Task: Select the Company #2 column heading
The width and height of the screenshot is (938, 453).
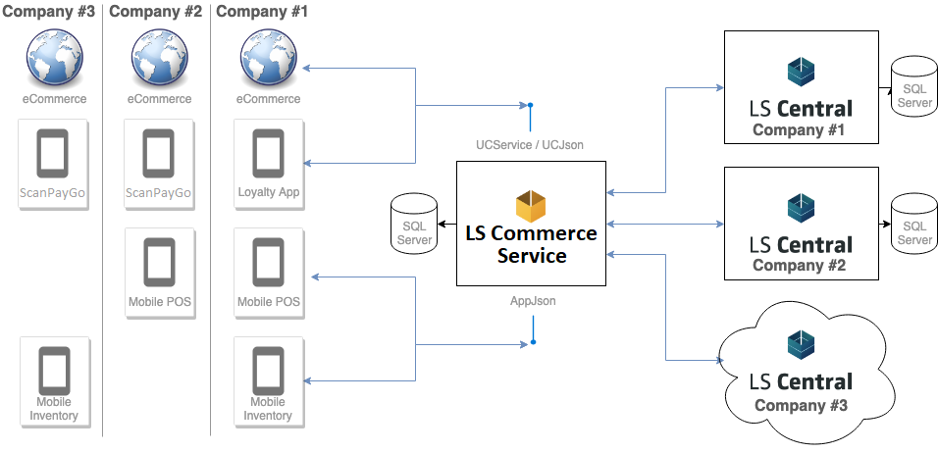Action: (155, 12)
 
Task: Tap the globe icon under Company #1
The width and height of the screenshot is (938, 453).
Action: (269, 59)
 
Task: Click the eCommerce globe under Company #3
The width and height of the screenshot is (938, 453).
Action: (55, 59)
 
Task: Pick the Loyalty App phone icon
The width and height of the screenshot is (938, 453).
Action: (269, 154)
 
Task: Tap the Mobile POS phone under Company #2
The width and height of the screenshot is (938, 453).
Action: (159, 264)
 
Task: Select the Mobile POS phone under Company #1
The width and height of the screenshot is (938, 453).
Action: (269, 264)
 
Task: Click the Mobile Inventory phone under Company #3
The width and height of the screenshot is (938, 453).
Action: (55, 371)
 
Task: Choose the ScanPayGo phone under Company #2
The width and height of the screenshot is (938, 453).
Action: (159, 154)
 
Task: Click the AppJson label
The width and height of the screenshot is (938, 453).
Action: (533, 301)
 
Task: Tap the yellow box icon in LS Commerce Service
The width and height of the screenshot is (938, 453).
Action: (531, 206)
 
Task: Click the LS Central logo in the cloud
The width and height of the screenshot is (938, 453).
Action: (801, 343)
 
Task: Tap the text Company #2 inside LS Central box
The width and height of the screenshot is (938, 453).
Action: (801, 266)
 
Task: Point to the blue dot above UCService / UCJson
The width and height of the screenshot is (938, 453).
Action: (530, 105)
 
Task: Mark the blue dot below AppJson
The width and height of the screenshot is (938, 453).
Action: (533, 342)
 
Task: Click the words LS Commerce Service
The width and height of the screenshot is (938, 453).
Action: (531, 244)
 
